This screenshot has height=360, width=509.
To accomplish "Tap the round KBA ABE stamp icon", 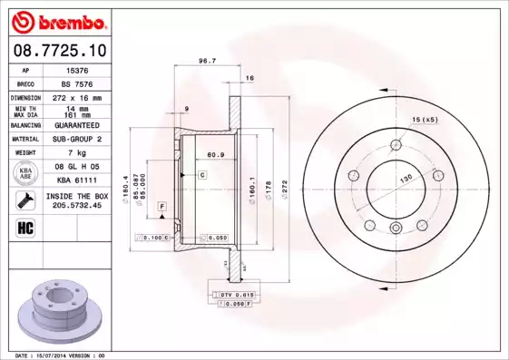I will [27, 174].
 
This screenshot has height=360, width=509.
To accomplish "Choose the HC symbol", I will [27, 227].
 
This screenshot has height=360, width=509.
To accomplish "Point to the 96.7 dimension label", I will [206, 62].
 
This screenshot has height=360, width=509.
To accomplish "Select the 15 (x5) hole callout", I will [425, 120].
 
